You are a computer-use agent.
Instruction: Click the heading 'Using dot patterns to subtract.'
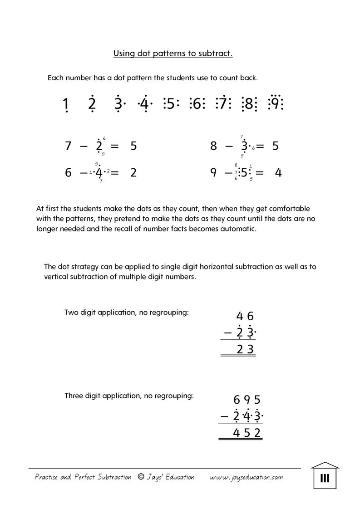pyautogui.click(x=173, y=54)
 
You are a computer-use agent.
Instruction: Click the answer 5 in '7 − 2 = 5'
pyautogui.click(x=133, y=146)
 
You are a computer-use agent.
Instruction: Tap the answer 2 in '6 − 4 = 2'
pyautogui.click(x=133, y=173)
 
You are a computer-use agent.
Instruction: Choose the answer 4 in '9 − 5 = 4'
pyautogui.click(x=279, y=173)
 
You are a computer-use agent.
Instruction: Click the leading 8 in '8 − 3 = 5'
pyautogui.click(x=213, y=146)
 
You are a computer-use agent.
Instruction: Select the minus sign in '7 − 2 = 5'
pyautogui.click(x=83, y=146)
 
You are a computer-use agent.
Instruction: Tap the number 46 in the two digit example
pyautogui.click(x=245, y=317)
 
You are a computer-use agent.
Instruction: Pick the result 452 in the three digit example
pyautogui.click(x=247, y=433)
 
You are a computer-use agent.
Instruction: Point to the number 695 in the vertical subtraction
pyautogui.click(x=247, y=400)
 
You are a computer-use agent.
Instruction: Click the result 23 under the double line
pyautogui.click(x=246, y=349)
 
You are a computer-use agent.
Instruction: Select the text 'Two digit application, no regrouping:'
pyautogui.click(x=126, y=313)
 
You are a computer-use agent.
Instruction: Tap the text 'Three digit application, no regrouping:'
pyautogui.click(x=129, y=396)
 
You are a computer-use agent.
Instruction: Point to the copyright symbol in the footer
pyautogui.click(x=141, y=477)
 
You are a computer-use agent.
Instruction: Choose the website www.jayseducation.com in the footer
pyautogui.click(x=247, y=477)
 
